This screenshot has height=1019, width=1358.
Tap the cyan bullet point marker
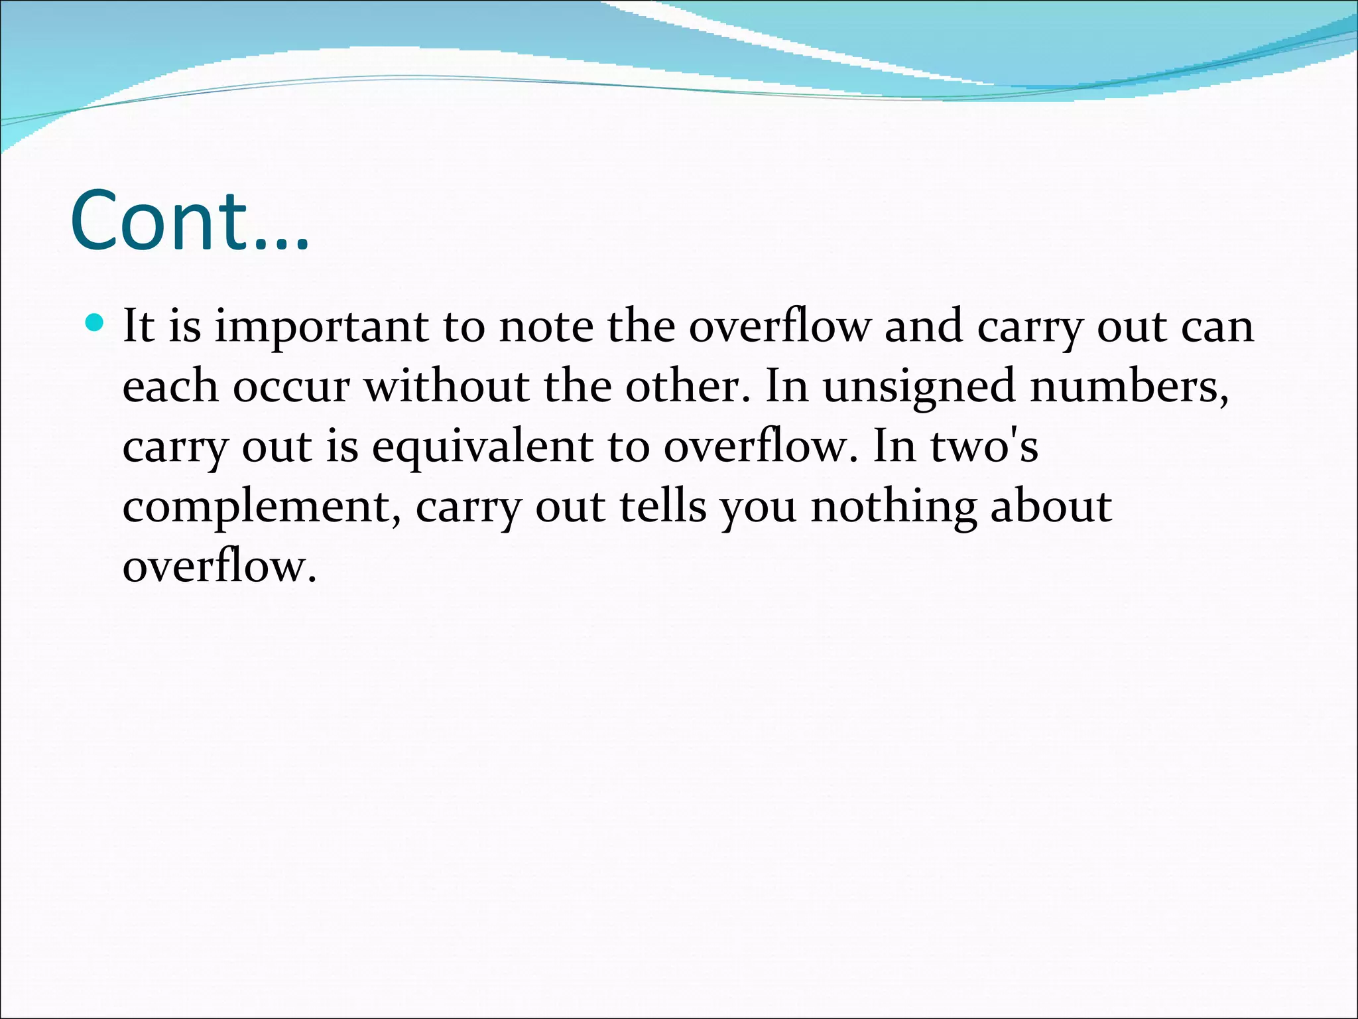[x=95, y=323]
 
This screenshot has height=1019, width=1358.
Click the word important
[x=321, y=328]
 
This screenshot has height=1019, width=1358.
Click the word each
[x=170, y=386]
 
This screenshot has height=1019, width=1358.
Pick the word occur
[x=290, y=387]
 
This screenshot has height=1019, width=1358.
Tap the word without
[x=446, y=386]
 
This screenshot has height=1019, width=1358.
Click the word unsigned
[x=918, y=387]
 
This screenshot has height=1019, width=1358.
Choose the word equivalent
[x=482, y=447]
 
